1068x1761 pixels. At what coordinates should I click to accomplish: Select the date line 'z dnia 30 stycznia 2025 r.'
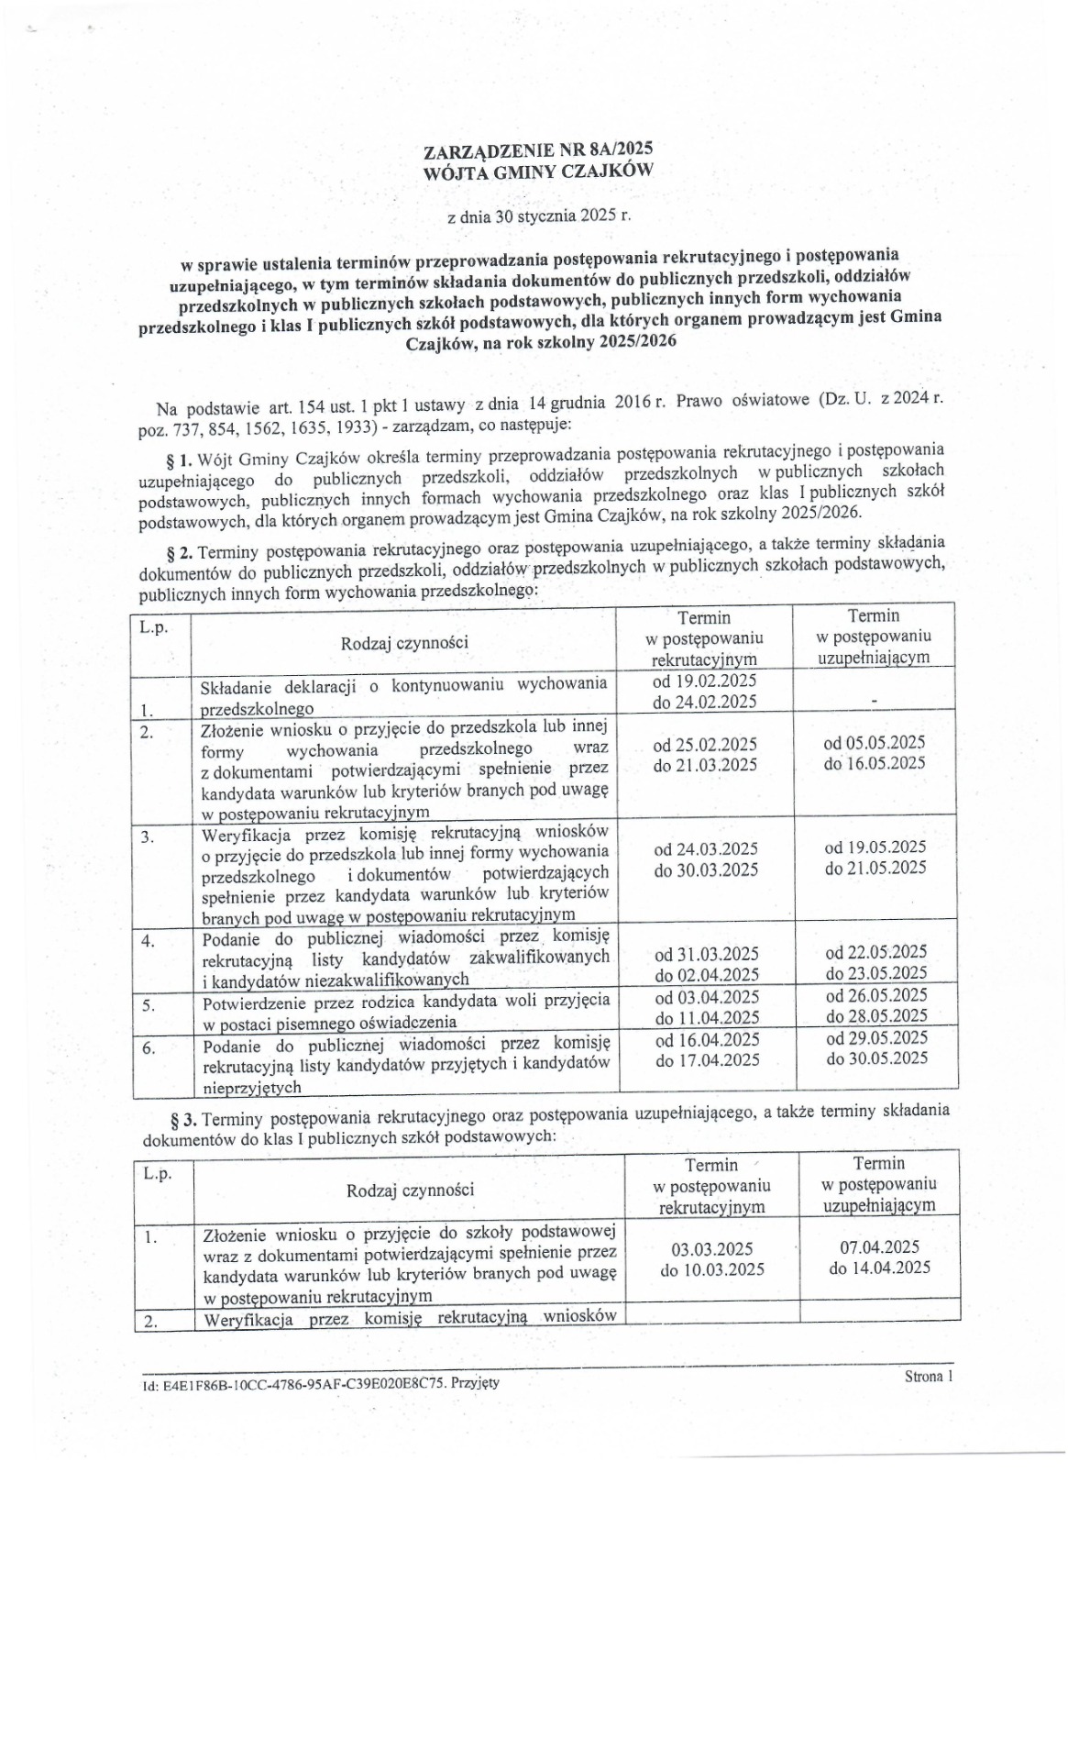point(538,217)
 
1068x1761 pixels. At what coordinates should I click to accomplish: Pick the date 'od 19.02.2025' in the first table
point(704,681)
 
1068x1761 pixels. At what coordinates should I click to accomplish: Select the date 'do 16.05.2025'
point(875,763)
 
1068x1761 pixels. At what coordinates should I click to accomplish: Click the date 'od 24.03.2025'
point(705,849)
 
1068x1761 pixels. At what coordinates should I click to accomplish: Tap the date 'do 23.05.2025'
point(875,973)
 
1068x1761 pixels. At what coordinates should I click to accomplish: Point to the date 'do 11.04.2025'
point(706,1017)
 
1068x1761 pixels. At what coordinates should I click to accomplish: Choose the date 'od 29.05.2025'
point(876,1038)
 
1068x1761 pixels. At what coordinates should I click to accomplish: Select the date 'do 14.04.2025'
point(879,1268)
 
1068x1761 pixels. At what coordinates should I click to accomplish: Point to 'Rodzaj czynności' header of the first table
point(404,642)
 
